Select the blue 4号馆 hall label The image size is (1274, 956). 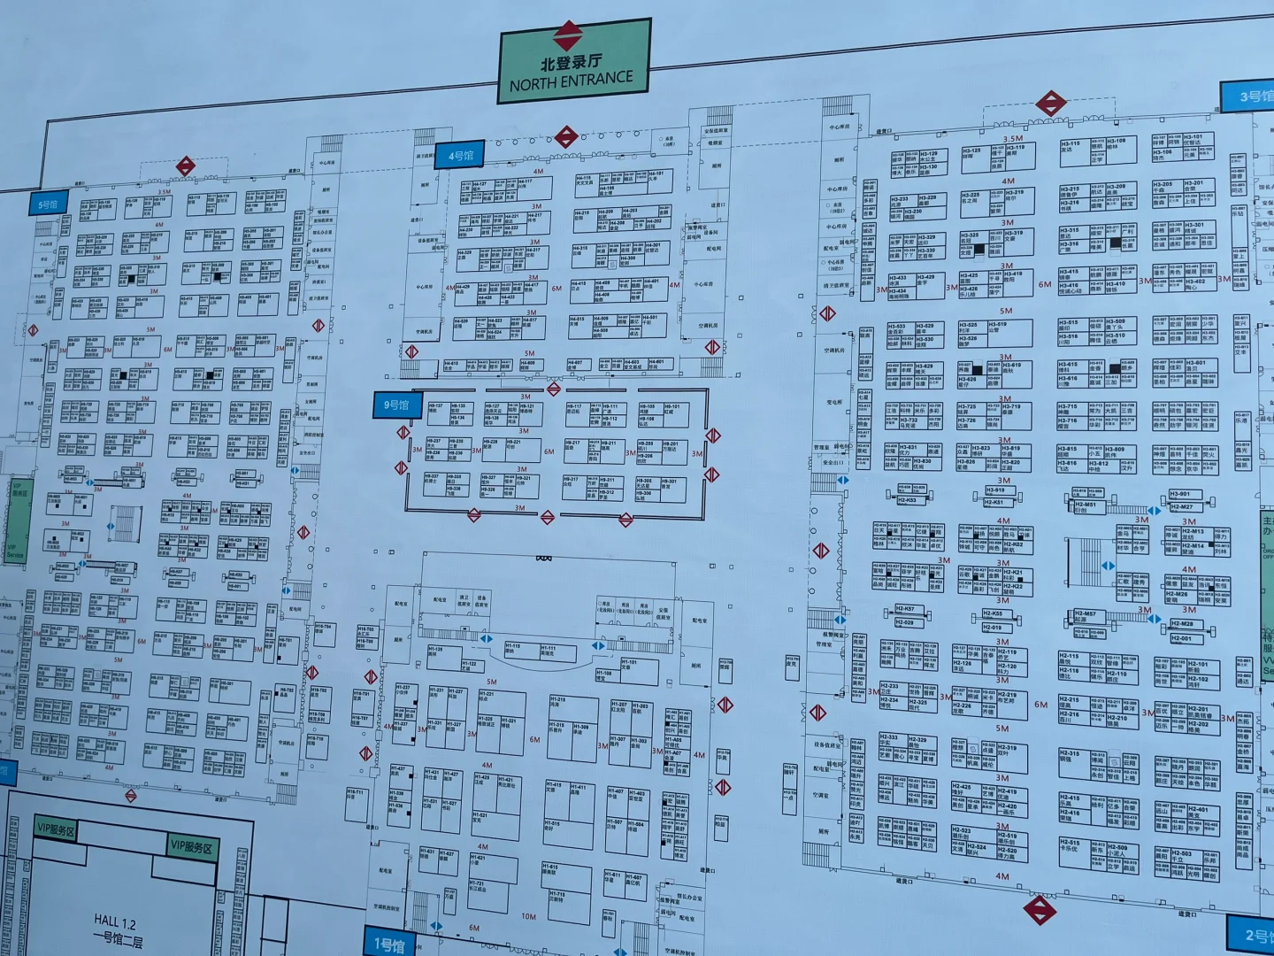(x=461, y=156)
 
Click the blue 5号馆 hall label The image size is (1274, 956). (x=47, y=204)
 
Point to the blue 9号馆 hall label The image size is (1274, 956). (x=396, y=405)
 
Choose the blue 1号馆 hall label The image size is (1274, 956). (x=388, y=944)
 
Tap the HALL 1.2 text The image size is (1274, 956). (x=116, y=922)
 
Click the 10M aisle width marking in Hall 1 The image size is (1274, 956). (x=528, y=916)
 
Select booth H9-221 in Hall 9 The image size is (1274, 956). (x=513, y=443)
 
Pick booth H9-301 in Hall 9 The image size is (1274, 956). (x=670, y=483)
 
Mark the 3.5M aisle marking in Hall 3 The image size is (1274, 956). (x=1013, y=139)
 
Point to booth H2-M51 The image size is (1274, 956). (x=1085, y=506)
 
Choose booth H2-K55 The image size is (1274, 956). (x=993, y=613)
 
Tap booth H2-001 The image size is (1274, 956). (x=1181, y=638)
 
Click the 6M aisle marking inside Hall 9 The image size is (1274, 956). (x=549, y=451)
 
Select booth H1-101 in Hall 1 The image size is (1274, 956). (x=629, y=664)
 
